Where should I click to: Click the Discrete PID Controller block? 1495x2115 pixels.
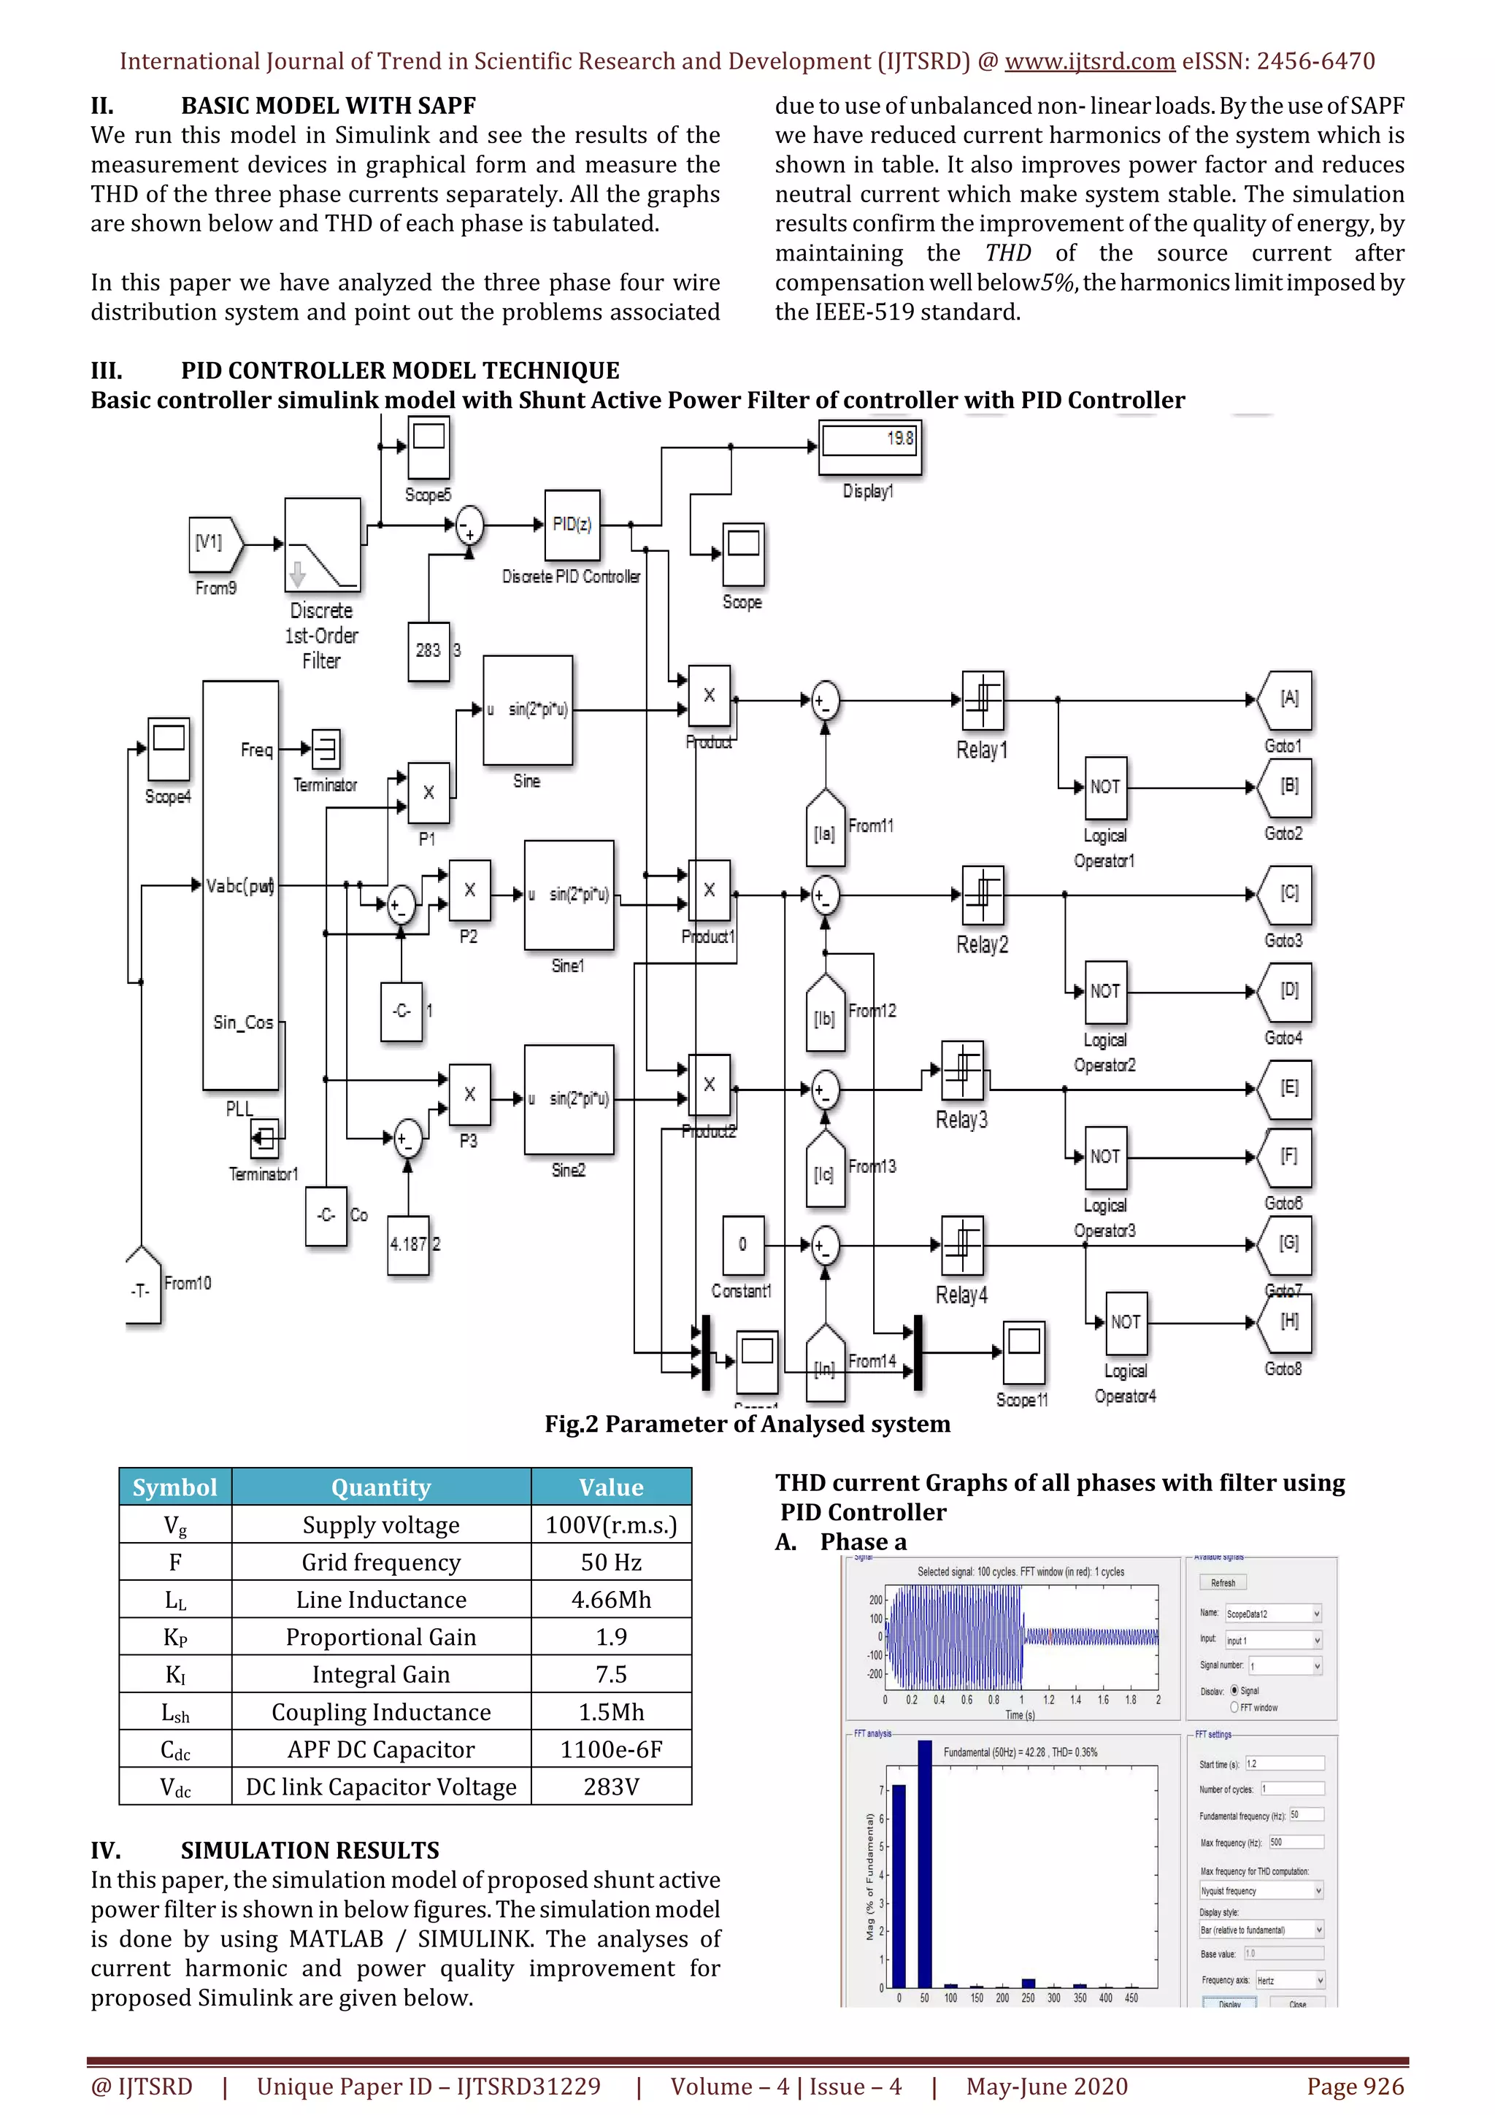[571, 525]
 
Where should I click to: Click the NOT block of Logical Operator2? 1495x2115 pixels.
[1104, 991]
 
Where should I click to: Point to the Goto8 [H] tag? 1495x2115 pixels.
[1288, 1322]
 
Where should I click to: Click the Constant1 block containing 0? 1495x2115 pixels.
[742, 1244]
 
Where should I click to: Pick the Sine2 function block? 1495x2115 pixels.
[569, 1099]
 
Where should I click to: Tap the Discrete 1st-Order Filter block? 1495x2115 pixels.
[323, 544]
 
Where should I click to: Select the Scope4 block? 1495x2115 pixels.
[169, 747]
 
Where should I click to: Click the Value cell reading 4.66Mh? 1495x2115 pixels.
[611, 1600]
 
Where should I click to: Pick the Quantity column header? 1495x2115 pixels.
[380, 1487]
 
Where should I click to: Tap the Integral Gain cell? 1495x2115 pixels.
[380, 1675]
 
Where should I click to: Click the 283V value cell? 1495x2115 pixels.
[611, 1787]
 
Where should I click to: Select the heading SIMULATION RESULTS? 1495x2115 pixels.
[310, 1851]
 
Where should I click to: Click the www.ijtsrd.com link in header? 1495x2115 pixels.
[1089, 62]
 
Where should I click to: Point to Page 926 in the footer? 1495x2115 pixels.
[1354, 2087]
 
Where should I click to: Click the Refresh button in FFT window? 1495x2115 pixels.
[1222, 1582]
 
